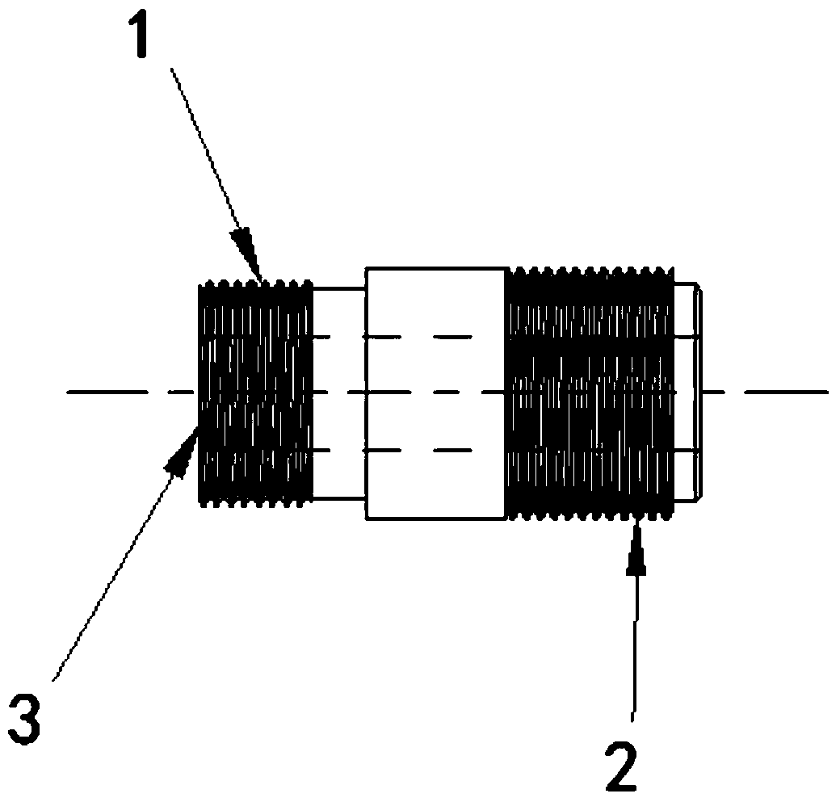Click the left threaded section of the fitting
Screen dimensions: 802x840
(x=255, y=393)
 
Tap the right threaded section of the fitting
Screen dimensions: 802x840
(x=590, y=393)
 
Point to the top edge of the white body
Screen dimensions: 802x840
(x=435, y=268)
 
